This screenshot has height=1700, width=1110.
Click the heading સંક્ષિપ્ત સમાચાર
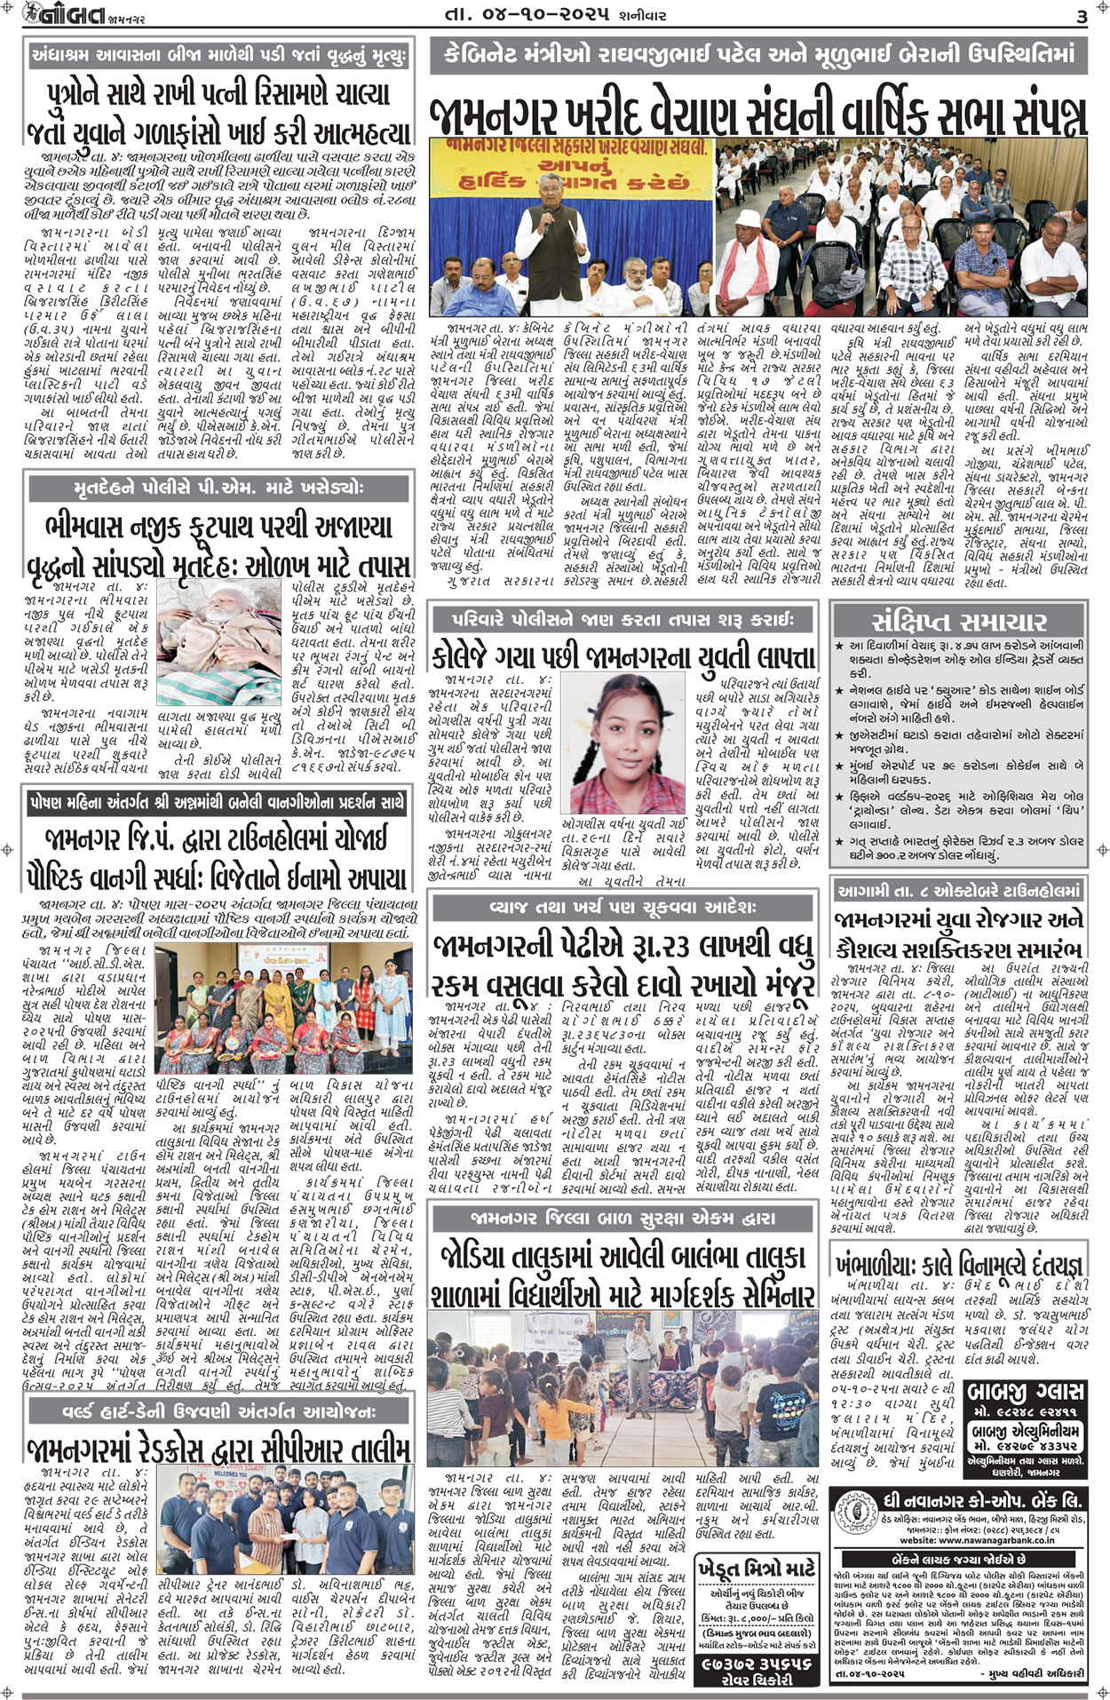958,620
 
